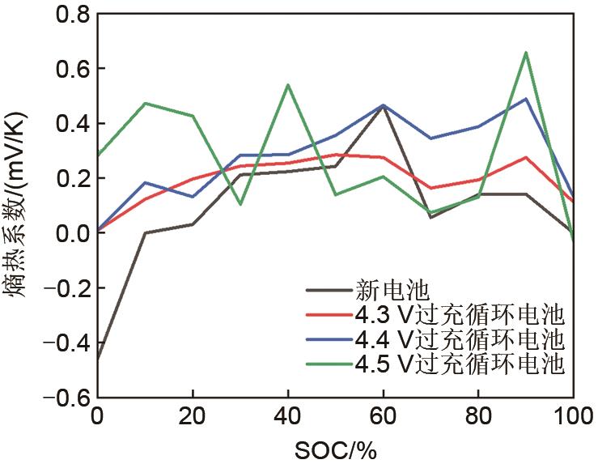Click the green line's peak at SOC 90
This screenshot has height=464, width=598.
(526, 53)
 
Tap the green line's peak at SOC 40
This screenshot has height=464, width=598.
(288, 84)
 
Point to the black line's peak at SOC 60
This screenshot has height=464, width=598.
(383, 105)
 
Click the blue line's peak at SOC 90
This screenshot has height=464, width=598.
(526, 99)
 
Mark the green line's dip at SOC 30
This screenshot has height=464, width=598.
(240, 204)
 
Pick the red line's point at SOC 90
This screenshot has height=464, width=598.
(526, 157)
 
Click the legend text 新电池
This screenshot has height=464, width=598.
(384, 287)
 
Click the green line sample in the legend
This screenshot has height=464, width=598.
(329, 364)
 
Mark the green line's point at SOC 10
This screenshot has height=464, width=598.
(146, 103)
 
